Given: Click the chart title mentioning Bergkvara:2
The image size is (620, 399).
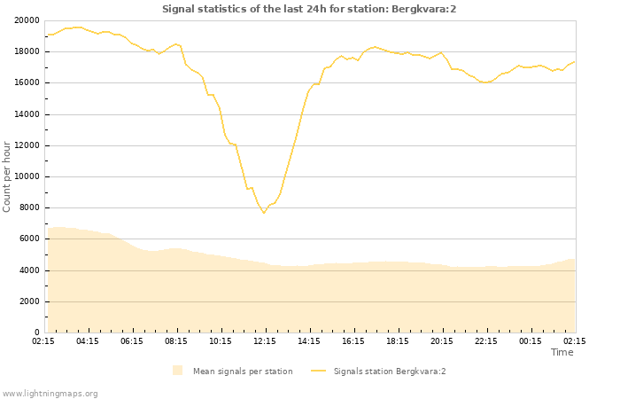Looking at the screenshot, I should pyautogui.click(x=309, y=9).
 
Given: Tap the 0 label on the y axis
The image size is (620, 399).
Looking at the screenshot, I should pyautogui.click(x=35, y=332).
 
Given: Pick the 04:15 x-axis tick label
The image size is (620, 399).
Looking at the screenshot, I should pyautogui.click(x=88, y=340).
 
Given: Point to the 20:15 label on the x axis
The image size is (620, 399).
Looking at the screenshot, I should pyautogui.click(x=442, y=340).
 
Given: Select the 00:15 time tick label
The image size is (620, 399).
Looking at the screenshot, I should pyautogui.click(x=531, y=340).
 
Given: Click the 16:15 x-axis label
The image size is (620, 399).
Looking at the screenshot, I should pyautogui.click(x=353, y=340).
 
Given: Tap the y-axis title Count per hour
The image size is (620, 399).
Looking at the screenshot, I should pyautogui.click(x=7, y=176).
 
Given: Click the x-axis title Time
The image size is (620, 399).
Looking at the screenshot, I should pyautogui.click(x=562, y=352).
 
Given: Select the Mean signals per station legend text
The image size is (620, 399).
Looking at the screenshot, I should pyautogui.click(x=243, y=372).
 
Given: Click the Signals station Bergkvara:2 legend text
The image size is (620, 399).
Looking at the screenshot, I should pyautogui.click(x=390, y=372).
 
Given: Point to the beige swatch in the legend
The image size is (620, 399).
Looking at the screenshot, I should pyautogui.click(x=178, y=371).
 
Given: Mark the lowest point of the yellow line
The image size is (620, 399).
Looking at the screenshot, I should pyautogui.click(x=263, y=213).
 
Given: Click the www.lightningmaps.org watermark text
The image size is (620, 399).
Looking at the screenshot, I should pyautogui.click(x=50, y=393).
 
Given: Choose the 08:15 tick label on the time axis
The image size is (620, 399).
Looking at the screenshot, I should pyautogui.click(x=176, y=340).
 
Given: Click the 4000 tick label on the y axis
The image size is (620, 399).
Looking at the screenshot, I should pyautogui.click(x=27, y=270).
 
